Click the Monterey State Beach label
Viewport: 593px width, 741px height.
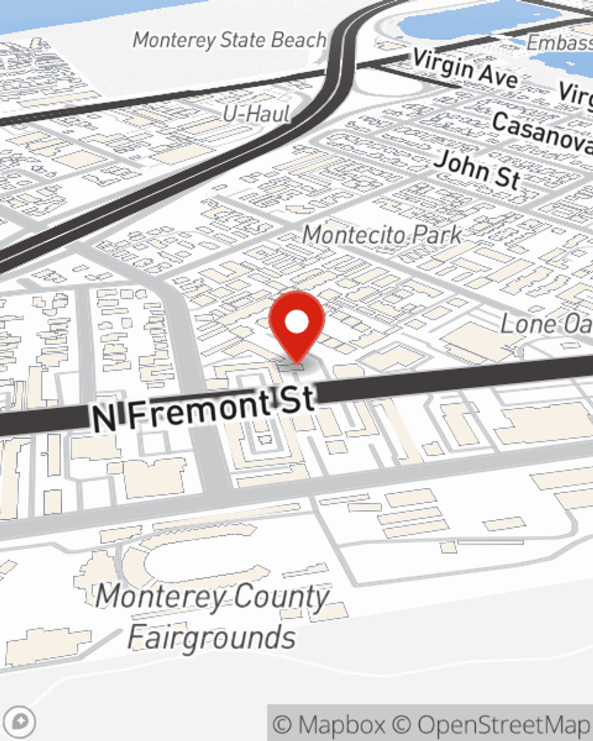coord(229,40)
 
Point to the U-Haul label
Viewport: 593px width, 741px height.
coord(256,113)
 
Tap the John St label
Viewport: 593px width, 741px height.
coord(477,170)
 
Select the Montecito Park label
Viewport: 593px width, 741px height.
coord(382,235)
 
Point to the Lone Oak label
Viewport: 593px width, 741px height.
coord(546,324)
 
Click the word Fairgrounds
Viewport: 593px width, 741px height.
coord(212,637)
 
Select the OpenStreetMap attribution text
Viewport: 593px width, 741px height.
coord(504,724)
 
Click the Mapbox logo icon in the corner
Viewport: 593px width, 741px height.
coord(22,722)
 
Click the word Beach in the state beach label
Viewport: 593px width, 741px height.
coord(298,40)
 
